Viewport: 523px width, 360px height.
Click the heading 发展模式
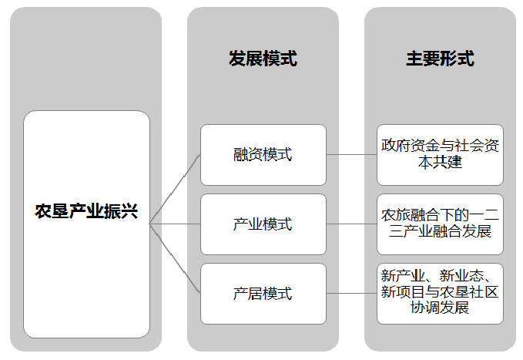[263, 59]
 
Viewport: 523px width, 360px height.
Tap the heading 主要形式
[440, 59]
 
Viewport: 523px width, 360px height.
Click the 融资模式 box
[263, 155]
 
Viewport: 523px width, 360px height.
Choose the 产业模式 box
[263, 224]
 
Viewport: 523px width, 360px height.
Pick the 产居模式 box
[263, 294]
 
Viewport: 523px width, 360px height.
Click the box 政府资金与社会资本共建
[440, 155]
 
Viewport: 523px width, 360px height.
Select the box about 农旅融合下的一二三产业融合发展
[440, 224]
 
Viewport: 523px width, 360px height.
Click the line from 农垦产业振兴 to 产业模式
[175, 224]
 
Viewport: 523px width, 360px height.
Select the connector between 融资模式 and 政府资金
[351, 155]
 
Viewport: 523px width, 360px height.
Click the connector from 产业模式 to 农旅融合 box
[351, 224]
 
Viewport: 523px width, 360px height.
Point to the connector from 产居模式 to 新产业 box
[351, 294]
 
